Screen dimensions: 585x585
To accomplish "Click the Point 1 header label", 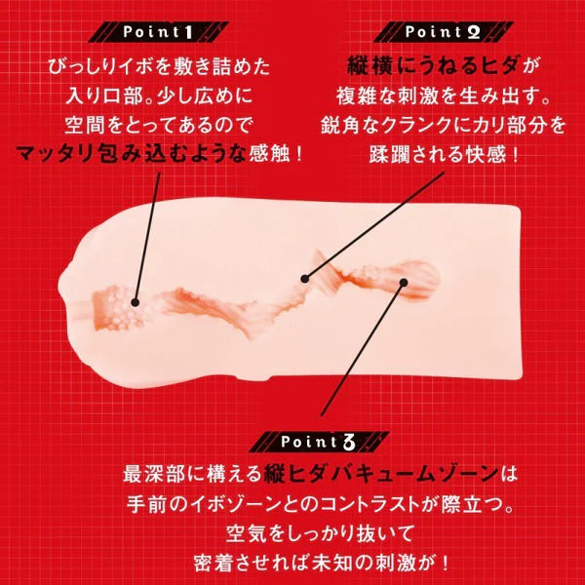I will point(156,32).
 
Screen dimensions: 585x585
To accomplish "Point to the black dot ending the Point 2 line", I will point(305,278).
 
